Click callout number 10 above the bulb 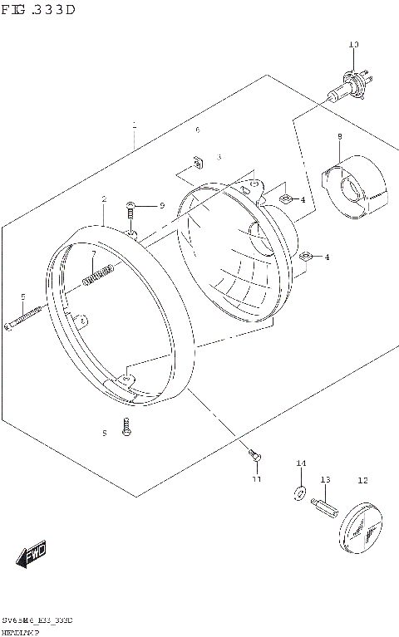(353, 44)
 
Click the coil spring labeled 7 (98, 274)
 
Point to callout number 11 (257, 479)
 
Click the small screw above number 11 (254, 454)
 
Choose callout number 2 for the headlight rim (104, 199)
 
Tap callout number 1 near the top (134, 125)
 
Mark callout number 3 (219, 157)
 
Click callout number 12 (362, 480)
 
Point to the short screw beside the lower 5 (126, 427)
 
